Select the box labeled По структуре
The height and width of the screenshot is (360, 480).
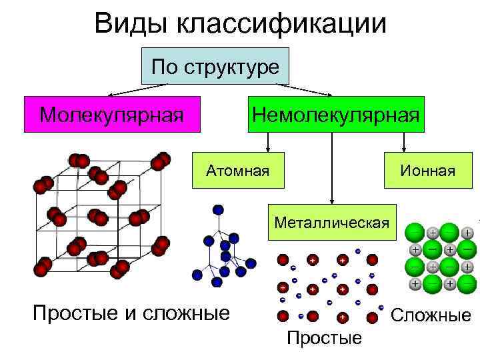coord(215,66)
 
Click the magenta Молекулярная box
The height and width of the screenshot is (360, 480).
coord(111,114)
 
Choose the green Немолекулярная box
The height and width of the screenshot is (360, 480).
coord(335,114)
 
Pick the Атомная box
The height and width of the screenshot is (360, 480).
coord(238,171)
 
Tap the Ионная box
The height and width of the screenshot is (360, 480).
coord(427,171)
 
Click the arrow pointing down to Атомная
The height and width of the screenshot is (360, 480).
coord(267,141)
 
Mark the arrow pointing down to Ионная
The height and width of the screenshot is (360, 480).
coord(403,141)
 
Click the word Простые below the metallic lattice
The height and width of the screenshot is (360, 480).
coord(323,338)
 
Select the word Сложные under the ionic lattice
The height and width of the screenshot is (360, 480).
coord(431,315)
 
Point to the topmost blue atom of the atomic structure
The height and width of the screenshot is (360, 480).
coord(217,209)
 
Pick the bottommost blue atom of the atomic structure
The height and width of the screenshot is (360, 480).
coord(216,283)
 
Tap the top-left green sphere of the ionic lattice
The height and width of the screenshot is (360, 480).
coord(415,233)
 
